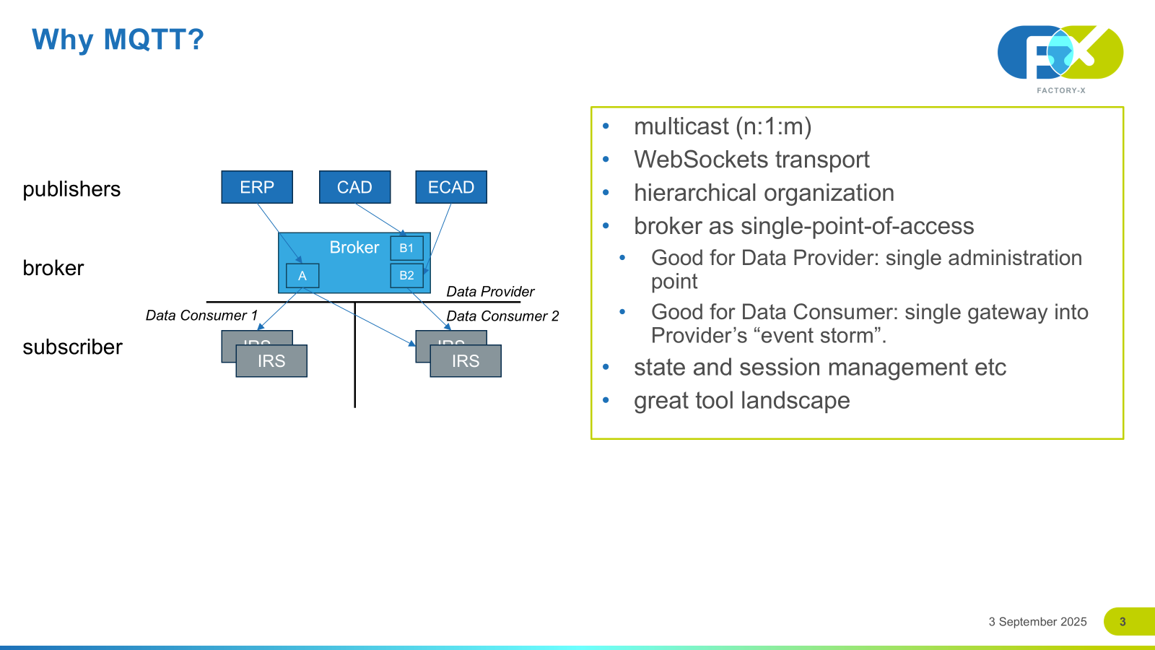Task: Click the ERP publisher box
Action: coord(257,187)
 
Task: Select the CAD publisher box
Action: coord(354,187)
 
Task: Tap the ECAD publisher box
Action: coord(451,187)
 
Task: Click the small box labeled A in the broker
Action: coord(302,276)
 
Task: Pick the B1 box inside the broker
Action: coord(406,248)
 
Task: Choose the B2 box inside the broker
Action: coord(406,275)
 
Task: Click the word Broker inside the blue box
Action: coord(354,248)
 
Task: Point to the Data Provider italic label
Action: coord(490,292)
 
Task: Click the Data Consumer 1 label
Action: coord(201,316)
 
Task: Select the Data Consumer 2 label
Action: coord(502,316)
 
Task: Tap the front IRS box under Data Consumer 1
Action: coord(271,361)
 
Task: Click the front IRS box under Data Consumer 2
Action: coord(466,361)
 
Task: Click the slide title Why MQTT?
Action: coord(118,39)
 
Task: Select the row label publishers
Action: coord(71,189)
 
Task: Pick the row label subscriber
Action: coord(72,347)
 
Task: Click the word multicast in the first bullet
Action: coord(681,126)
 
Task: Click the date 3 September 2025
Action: coord(1037,622)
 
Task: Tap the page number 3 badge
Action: coord(1123,622)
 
